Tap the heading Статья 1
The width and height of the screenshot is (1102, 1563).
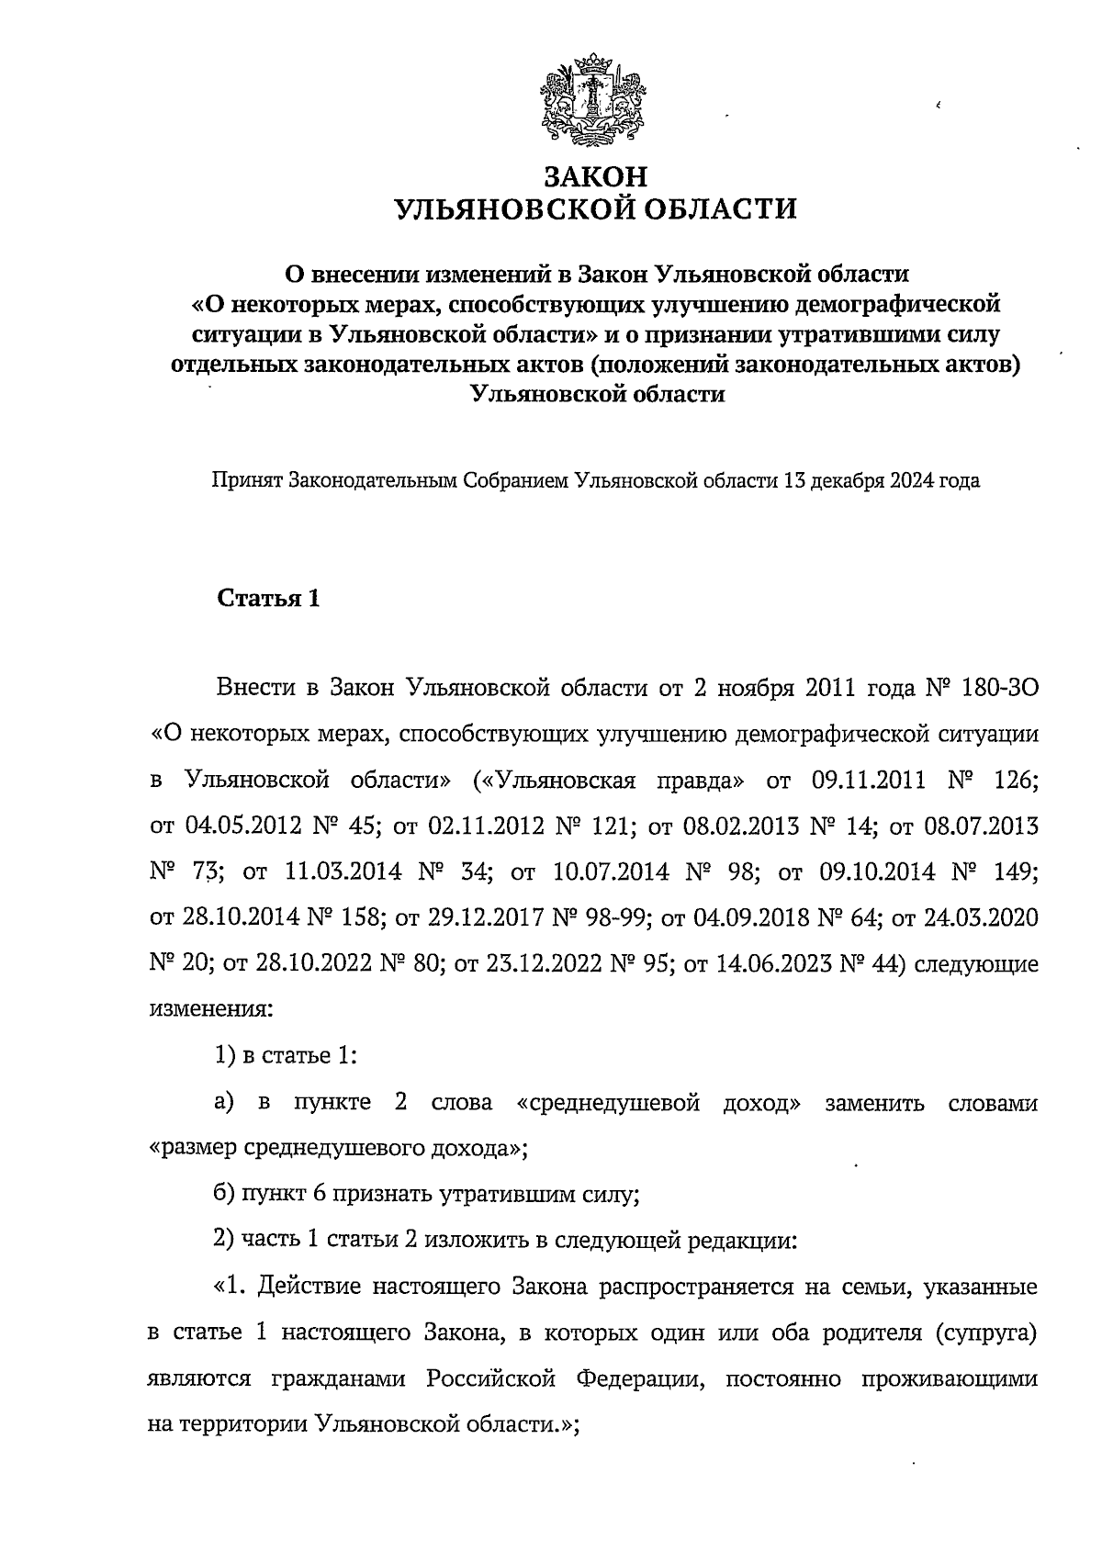point(268,599)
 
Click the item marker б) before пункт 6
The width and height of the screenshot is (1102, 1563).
point(224,1195)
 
